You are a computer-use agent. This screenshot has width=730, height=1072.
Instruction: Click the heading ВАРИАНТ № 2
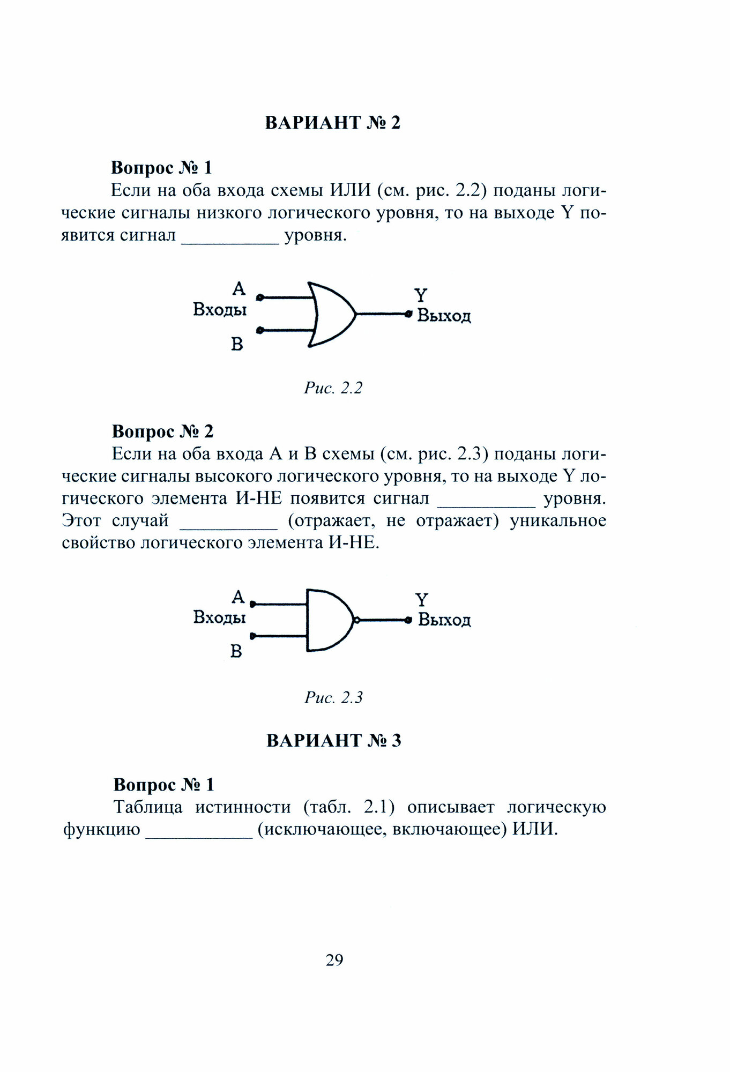coord(333,123)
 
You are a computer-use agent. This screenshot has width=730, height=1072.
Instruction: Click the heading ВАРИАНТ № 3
coord(333,740)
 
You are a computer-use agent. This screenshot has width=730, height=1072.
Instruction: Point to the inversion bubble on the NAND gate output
coord(355,620)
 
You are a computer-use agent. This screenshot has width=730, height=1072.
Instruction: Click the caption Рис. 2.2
coord(333,388)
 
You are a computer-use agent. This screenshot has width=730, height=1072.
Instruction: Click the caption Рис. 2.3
coord(333,697)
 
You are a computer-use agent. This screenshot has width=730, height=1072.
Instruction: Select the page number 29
coord(334,959)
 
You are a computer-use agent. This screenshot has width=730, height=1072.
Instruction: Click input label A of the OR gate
coord(239,289)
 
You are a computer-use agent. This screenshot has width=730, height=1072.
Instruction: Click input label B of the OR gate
coord(237,344)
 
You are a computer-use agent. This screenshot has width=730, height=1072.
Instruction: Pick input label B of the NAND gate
coord(236,651)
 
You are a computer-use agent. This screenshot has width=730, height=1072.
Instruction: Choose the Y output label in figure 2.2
coord(421,295)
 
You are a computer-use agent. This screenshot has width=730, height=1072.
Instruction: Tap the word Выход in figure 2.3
coord(444,620)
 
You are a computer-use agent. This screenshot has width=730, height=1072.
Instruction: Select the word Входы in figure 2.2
coord(220,310)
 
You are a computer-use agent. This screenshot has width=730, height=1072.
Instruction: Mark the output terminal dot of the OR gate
coord(408,314)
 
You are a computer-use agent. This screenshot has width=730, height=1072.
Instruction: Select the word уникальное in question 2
coord(557,520)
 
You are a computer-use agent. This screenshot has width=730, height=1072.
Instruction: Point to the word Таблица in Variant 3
coord(148,807)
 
